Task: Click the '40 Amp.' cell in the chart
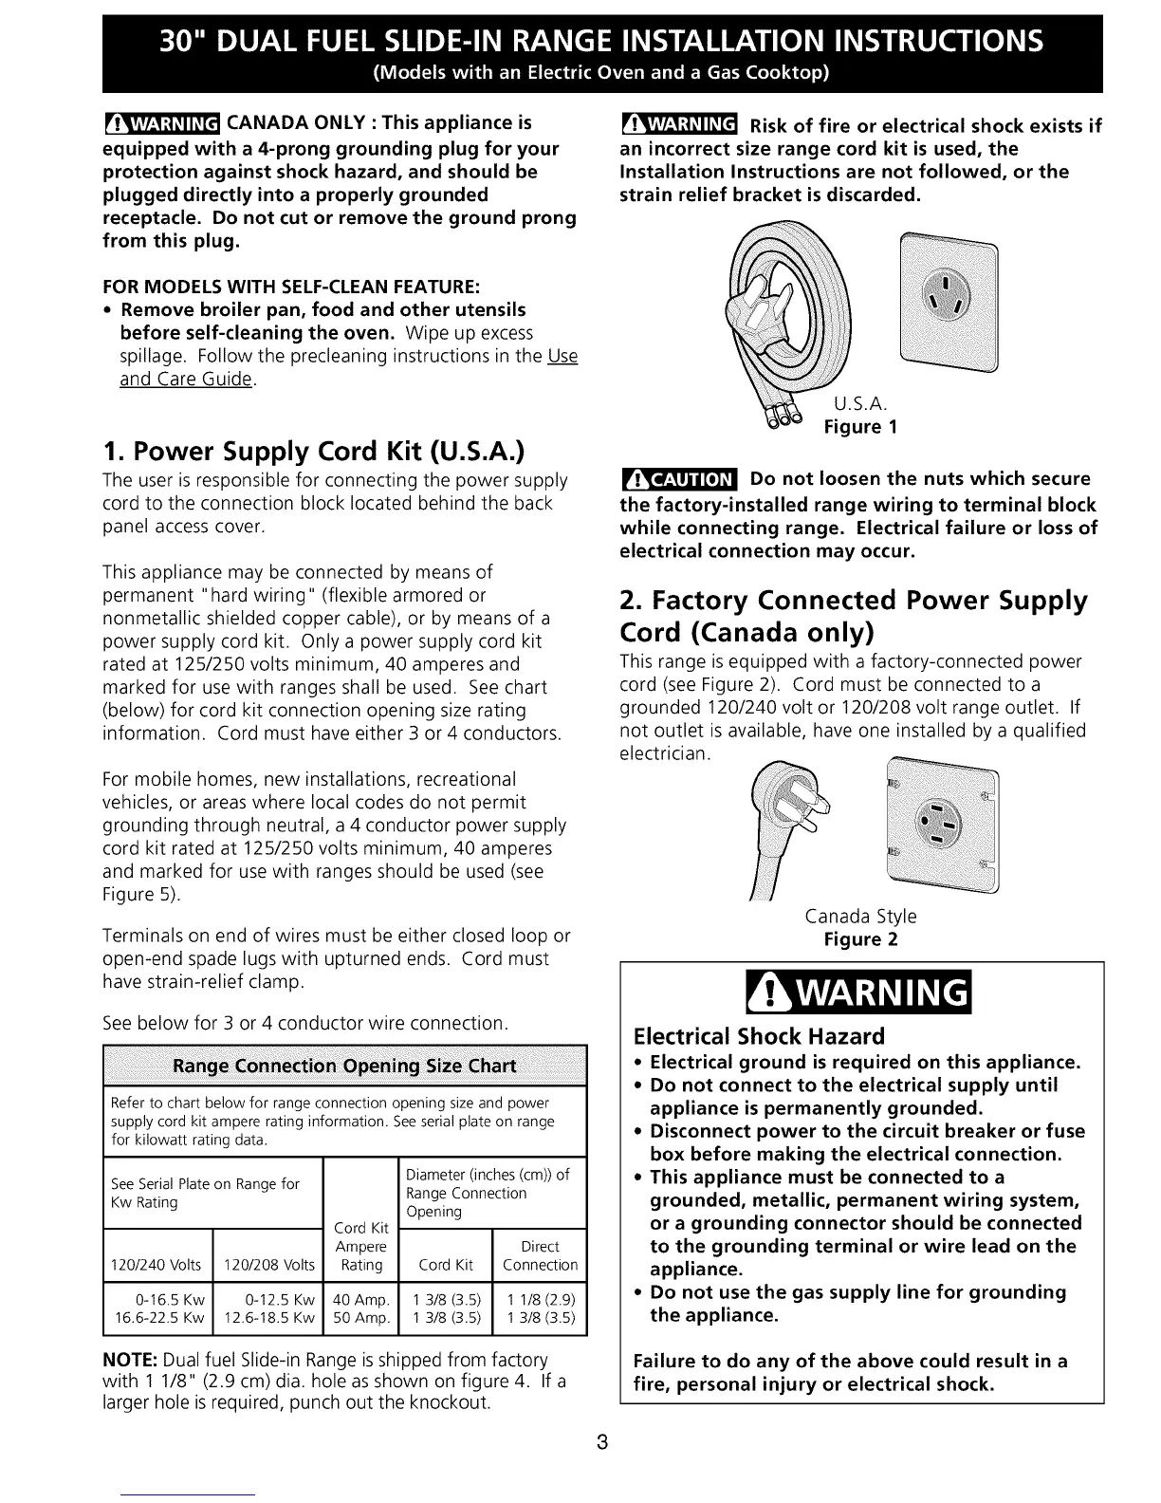click(361, 1299)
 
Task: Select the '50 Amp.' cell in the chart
click(361, 1318)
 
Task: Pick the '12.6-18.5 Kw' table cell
click(267, 1318)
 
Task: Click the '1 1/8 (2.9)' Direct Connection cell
click(541, 1299)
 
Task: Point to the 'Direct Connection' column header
click(540, 1255)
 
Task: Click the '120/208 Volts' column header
click(268, 1265)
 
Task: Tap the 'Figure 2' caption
click(860, 939)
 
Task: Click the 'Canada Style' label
click(860, 917)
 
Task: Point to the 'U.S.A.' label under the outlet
click(860, 403)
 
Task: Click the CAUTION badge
click(678, 478)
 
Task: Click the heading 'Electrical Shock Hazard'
click(759, 1035)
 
